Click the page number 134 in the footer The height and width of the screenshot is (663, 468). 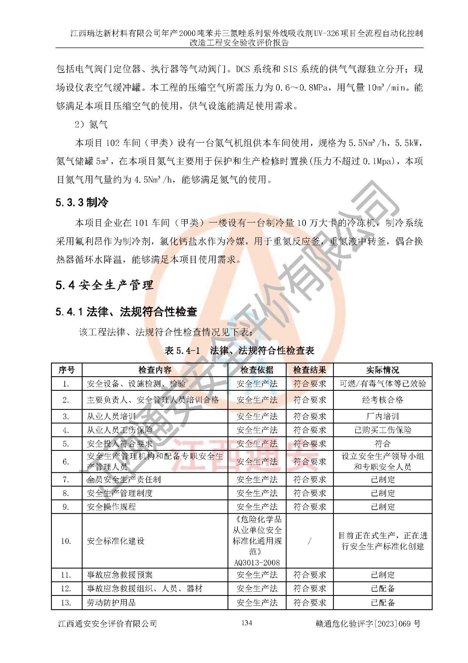[x=246, y=623]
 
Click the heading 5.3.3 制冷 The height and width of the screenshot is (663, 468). [x=82, y=202]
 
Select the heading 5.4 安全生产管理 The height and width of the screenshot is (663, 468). [x=104, y=285]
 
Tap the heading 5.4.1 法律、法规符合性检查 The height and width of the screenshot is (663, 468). [x=126, y=312]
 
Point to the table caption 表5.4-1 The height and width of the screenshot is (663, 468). [x=182, y=351]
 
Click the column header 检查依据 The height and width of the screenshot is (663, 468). [x=257, y=370]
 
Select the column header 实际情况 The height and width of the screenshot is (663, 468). [x=382, y=370]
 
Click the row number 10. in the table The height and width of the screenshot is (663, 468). [x=66, y=541]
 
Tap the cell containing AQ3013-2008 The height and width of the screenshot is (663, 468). [x=257, y=562]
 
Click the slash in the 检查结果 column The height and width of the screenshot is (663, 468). [x=309, y=541]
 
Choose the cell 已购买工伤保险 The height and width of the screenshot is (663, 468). [x=382, y=430]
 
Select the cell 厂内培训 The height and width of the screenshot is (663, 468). [x=382, y=416]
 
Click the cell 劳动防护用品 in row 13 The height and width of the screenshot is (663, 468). [x=111, y=603]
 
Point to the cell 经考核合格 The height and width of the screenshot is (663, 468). [x=382, y=400]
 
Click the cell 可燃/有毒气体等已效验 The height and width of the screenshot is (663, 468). [x=382, y=384]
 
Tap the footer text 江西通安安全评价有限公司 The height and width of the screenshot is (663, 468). [x=107, y=624]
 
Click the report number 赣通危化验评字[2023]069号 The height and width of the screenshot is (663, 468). [x=368, y=624]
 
